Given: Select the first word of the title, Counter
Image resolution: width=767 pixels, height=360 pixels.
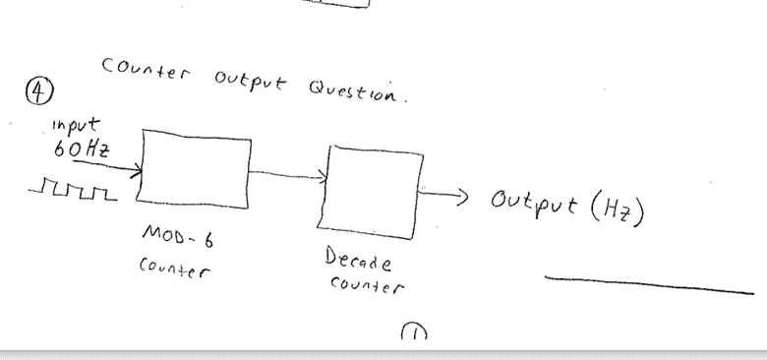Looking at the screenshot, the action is pyautogui.click(x=147, y=71).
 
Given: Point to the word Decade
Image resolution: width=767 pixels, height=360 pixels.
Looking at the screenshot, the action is pyautogui.click(x=357, y=261).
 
